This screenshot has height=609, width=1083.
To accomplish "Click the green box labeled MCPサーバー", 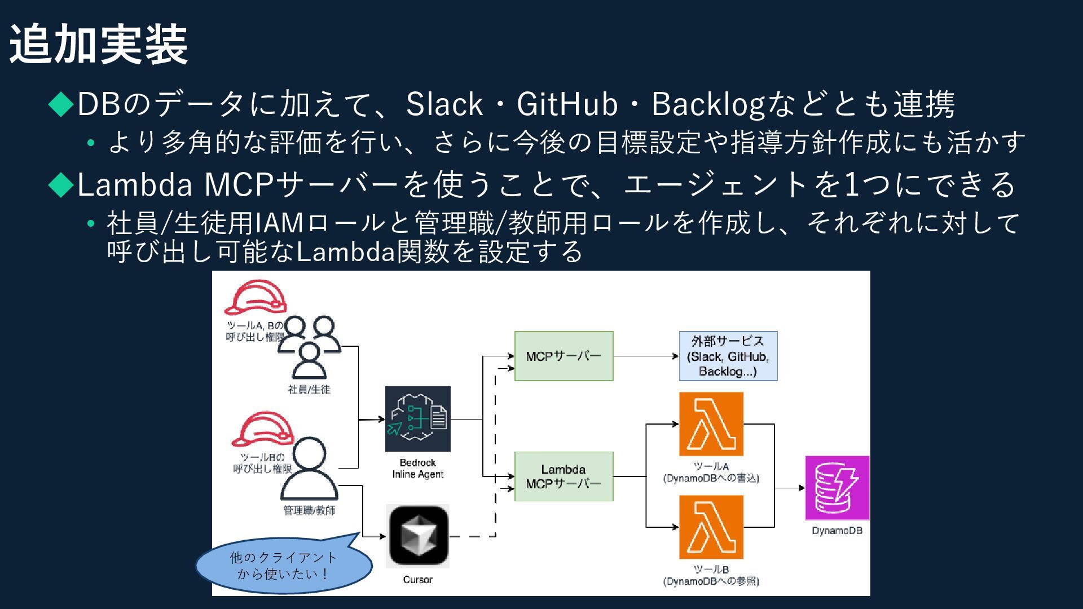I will point(563,356).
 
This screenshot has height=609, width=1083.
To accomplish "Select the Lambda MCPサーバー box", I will point(563,476).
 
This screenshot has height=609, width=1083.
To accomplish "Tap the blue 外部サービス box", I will point(728,356).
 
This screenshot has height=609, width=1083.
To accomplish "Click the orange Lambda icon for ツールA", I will point(711,424).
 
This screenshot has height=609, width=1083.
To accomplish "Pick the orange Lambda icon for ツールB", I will point(711,527).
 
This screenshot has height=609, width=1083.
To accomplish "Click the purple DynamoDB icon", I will point(837,488).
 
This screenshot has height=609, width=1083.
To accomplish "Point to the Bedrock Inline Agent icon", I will point(417,418).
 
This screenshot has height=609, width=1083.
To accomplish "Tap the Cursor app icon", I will point(417,536).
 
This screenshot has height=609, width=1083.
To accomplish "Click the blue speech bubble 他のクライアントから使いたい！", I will point(283,566).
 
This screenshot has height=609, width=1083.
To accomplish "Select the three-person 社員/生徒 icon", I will point(309,347).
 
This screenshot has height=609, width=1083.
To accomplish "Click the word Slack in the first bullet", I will point(444,104).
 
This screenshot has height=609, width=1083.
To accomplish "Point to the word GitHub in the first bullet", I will point(567,104).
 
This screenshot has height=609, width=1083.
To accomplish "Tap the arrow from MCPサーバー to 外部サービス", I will point(646,356).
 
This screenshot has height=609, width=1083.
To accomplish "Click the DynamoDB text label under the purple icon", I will point(837,531).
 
